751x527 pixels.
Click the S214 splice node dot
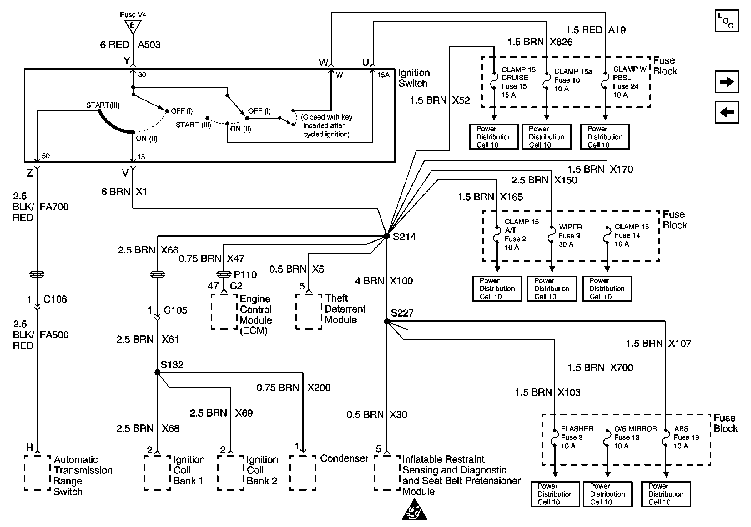(387, 236)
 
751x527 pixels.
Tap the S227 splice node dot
(387, 321)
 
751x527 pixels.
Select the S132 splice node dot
(157, 372)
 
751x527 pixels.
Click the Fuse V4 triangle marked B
(133, 26)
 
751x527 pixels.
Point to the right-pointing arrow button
(727, 81)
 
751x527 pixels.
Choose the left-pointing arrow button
(727, 112)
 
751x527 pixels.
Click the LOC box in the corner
(727, 21)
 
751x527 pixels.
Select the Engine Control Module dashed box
(224, 312)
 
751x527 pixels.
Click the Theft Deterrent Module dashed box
(309, 312)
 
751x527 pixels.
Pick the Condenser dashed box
(303, 473)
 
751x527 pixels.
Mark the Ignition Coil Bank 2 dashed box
(231, 473)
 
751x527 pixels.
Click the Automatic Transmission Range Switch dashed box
(37, 473)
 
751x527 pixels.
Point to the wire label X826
(561, 42)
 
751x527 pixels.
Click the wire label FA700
(54, 207)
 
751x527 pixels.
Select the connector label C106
(55, 299)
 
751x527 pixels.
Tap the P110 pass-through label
(245, 274)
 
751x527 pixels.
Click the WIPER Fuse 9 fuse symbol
(552, 235)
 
